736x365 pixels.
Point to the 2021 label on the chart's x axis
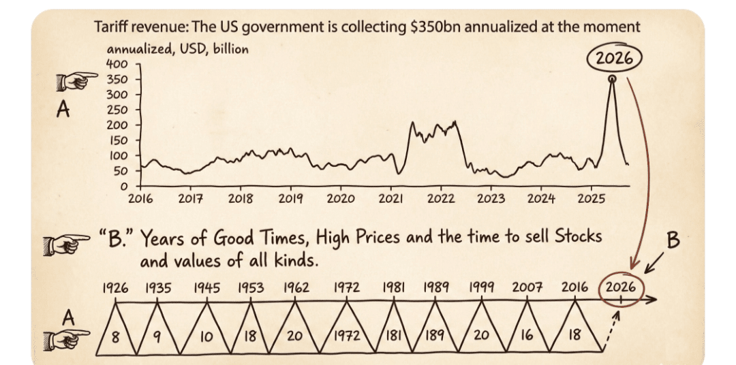390,199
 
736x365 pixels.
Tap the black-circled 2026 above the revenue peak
614,58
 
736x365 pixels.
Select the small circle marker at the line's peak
612,80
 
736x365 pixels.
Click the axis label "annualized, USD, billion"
177,49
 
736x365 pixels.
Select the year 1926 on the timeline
115,287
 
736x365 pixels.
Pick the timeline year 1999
482,287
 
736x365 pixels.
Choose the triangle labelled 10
206,336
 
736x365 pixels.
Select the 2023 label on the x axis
491,199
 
